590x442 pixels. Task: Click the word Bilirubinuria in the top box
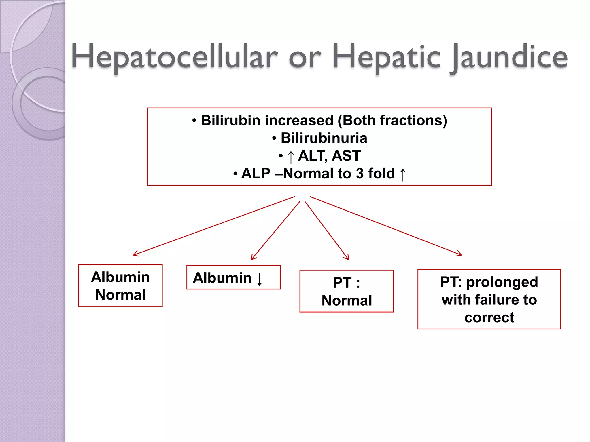[x=324, y=138]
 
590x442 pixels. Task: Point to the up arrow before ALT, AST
[x=291, y=157]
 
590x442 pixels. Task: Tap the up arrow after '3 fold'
[x=403, y=174]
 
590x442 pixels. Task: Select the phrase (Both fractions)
[x=392, y=120]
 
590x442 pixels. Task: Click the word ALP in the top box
[x=256, y=174]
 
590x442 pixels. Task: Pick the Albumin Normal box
[x=120, y=285]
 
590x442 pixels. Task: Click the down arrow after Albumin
[x=259, y=279]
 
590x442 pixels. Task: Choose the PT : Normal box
[x=346, y=291]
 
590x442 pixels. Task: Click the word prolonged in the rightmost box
[x=502, y=282]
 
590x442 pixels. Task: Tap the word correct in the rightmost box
[x=489, y=317]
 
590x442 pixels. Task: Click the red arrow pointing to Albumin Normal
[x=213, y=226]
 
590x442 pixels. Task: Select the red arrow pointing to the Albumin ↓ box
[x=275, y=231]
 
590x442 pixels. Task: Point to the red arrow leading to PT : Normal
[x=327, y=230]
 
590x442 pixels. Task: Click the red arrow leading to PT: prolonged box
[x=386, y=226]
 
